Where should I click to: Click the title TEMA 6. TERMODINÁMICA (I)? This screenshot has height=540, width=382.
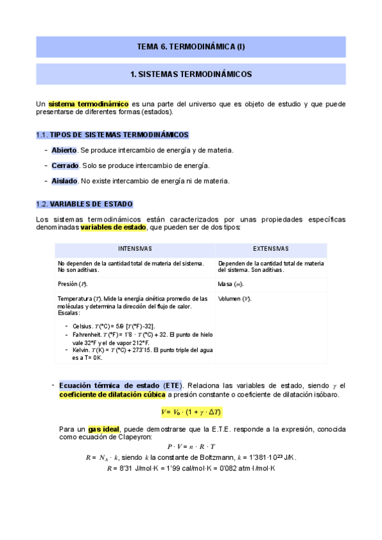point(191,46)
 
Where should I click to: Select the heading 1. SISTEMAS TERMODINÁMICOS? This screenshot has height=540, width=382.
point(191,75)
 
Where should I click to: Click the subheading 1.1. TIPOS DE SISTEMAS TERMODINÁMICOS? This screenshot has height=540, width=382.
point(112,134)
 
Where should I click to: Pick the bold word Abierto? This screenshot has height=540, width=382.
point(64,150)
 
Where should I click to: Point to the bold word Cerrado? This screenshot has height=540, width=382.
point(65,166)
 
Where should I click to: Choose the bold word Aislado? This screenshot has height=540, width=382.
point(64,181)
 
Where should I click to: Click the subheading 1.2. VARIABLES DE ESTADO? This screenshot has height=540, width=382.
point(84,204)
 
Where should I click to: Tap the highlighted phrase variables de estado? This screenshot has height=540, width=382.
point(113,227)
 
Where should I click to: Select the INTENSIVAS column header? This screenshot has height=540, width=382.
point(135,249)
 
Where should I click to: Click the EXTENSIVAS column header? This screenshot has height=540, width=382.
point(270,249)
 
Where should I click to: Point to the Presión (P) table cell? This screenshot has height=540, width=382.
point(73,283)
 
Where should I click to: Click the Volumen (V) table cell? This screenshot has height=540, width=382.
point(234,299)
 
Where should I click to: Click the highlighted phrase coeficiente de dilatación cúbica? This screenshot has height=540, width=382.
point(112,395)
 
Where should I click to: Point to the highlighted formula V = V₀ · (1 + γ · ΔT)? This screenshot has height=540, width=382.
point(191,412)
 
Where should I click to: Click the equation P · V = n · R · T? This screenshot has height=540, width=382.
point(191,446)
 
